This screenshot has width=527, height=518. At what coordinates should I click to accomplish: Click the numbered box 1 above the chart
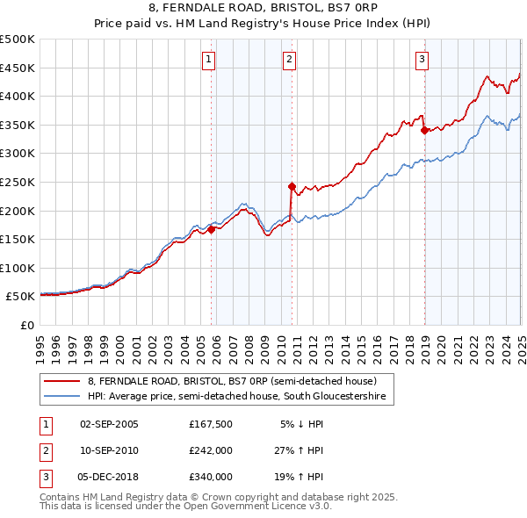tap(209, 60)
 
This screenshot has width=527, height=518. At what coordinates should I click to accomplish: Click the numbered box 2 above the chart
tap(289, 60)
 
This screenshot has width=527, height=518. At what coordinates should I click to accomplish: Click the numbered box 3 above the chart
tap(422, 60)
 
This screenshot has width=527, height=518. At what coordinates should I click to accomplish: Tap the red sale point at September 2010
tap(291, 186)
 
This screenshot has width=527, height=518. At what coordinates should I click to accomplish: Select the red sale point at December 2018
tap(424, 130)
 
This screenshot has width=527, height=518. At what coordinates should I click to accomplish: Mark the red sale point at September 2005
tap(211, 229)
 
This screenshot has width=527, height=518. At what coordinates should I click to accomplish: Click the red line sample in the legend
tap(62, 381)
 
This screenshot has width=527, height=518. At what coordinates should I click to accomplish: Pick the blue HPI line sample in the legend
tap(62, 397)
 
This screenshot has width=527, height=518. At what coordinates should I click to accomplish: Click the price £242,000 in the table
tap(210, 450)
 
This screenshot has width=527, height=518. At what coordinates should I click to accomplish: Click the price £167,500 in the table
tap(210, 423)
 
